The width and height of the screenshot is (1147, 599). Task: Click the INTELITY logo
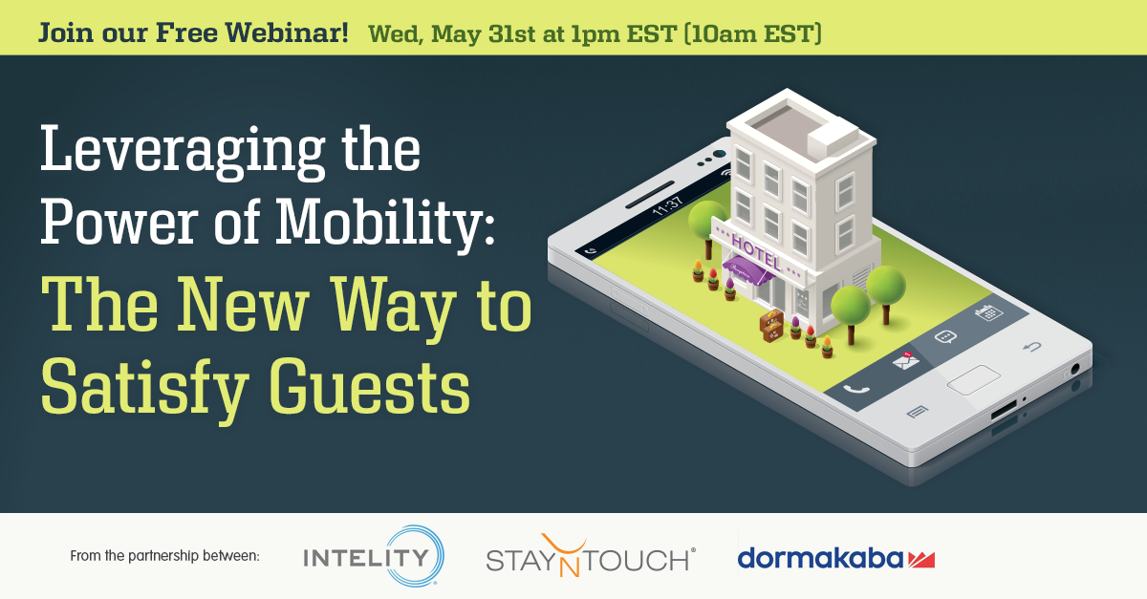(374, 556)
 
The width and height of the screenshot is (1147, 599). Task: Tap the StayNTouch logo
(591, 556)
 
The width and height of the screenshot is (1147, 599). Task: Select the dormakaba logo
(836, 558)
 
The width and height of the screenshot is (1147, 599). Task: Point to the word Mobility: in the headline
(385, 224)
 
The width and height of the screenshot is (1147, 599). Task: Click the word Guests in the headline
(369, 387)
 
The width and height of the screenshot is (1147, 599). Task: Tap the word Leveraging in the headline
(183, 152)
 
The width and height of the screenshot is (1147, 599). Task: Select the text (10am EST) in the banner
(753, 33)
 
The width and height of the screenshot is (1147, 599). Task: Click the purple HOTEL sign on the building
(756, 251)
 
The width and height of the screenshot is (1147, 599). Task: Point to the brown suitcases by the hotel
(771, 325)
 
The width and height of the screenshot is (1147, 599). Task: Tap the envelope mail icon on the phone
(905, 360)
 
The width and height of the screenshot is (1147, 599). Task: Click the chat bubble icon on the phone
(945, 337)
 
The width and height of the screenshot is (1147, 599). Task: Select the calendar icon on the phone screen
(988, 311)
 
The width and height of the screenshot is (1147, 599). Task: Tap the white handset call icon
(856, 390)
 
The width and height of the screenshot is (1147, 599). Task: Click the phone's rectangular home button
(973, 379)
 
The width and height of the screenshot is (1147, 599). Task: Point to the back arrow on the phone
(1031, 347)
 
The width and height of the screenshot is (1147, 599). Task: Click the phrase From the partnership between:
(164, 556)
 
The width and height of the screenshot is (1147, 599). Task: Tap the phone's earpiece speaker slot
(650, 195)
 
